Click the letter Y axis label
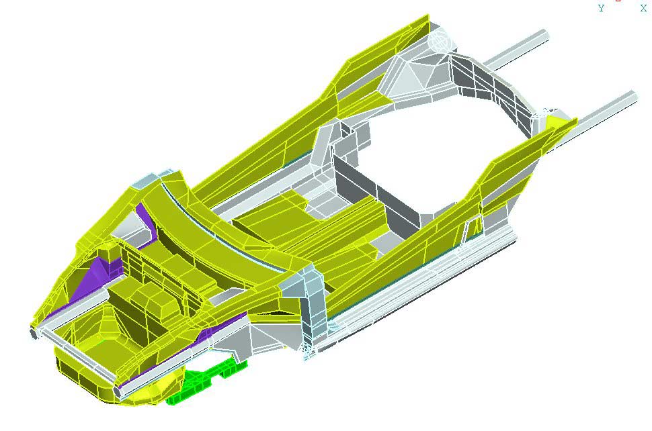(601, 8)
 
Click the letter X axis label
(643, 8)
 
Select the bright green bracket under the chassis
(206, 381)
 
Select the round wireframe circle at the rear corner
(440, 41)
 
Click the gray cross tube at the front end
(75, 358)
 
